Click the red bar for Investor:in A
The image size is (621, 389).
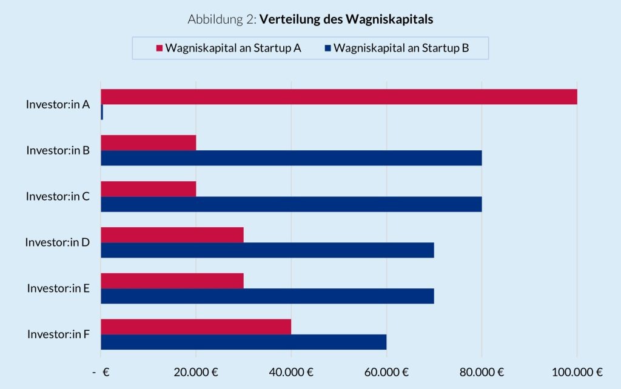click(x=338, y=96)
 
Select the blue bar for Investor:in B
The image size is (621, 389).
click(x=291, y=158)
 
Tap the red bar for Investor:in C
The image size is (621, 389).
click(x=148, y=188)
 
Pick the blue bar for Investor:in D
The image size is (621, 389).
click(x=267, y=250)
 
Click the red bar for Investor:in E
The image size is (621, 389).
click(x=172, y=281)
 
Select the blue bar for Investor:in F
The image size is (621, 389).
click(x=243, y=342)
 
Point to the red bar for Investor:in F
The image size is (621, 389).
click(x=195, y=327)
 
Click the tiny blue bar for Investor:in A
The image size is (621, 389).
click(x=102, y=112)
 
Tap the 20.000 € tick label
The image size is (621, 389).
click(x=195, y=372)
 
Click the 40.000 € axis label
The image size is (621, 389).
click(x=290, y=372)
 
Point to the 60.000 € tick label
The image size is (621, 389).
click(x=386, y=372)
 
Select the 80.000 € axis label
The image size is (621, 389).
click(x=481, y=372)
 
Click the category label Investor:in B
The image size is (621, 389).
click(x=58, y=150)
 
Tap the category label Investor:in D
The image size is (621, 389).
click(x=58, y=242)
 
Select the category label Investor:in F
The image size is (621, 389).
click(x=58, y=334)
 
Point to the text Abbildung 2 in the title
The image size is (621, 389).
click(x=222, y=19)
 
